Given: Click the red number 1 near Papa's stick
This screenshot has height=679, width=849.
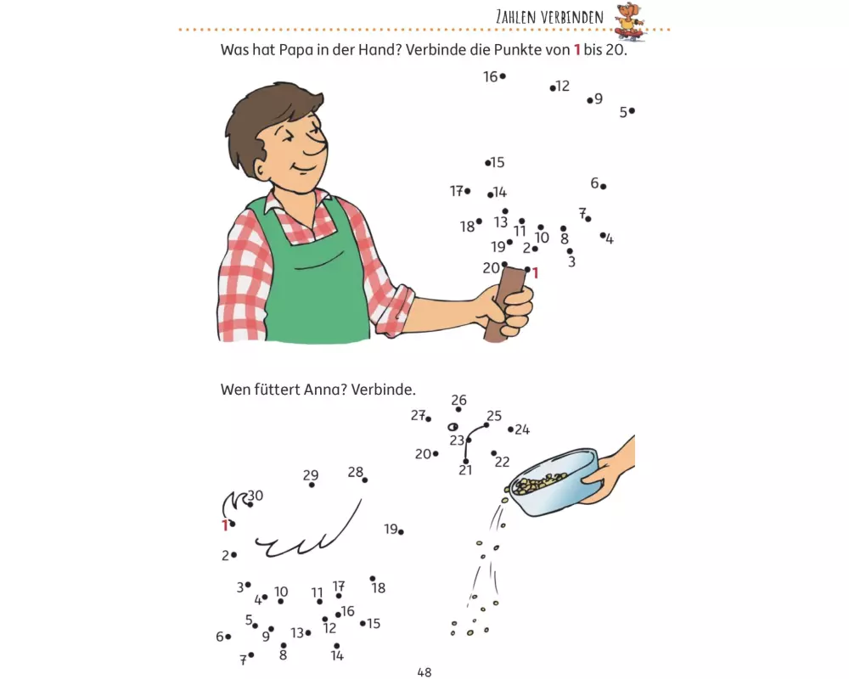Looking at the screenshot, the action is point(536,273).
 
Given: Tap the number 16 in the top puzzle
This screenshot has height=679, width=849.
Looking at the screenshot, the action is point(490,77).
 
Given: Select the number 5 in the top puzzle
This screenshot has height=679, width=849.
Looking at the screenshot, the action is point(623,113).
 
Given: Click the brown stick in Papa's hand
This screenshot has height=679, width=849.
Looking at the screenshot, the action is point(503,303).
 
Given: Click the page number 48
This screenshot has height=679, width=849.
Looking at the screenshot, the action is point(424,672).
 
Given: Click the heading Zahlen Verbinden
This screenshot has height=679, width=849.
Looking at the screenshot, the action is point(549,17).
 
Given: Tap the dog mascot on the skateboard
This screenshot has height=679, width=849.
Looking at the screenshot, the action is point(629,20).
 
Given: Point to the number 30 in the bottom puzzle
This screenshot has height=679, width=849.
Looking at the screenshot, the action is point(256,496).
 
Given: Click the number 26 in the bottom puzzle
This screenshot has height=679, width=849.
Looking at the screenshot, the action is point(458,400).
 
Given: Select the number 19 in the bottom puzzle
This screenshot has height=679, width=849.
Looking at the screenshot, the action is point(391,529).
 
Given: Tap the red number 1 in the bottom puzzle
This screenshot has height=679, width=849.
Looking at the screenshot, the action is point(225,525).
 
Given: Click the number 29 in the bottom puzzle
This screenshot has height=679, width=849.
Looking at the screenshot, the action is point(310,474).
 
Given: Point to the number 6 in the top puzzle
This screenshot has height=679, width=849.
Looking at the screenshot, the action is point(594,183).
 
